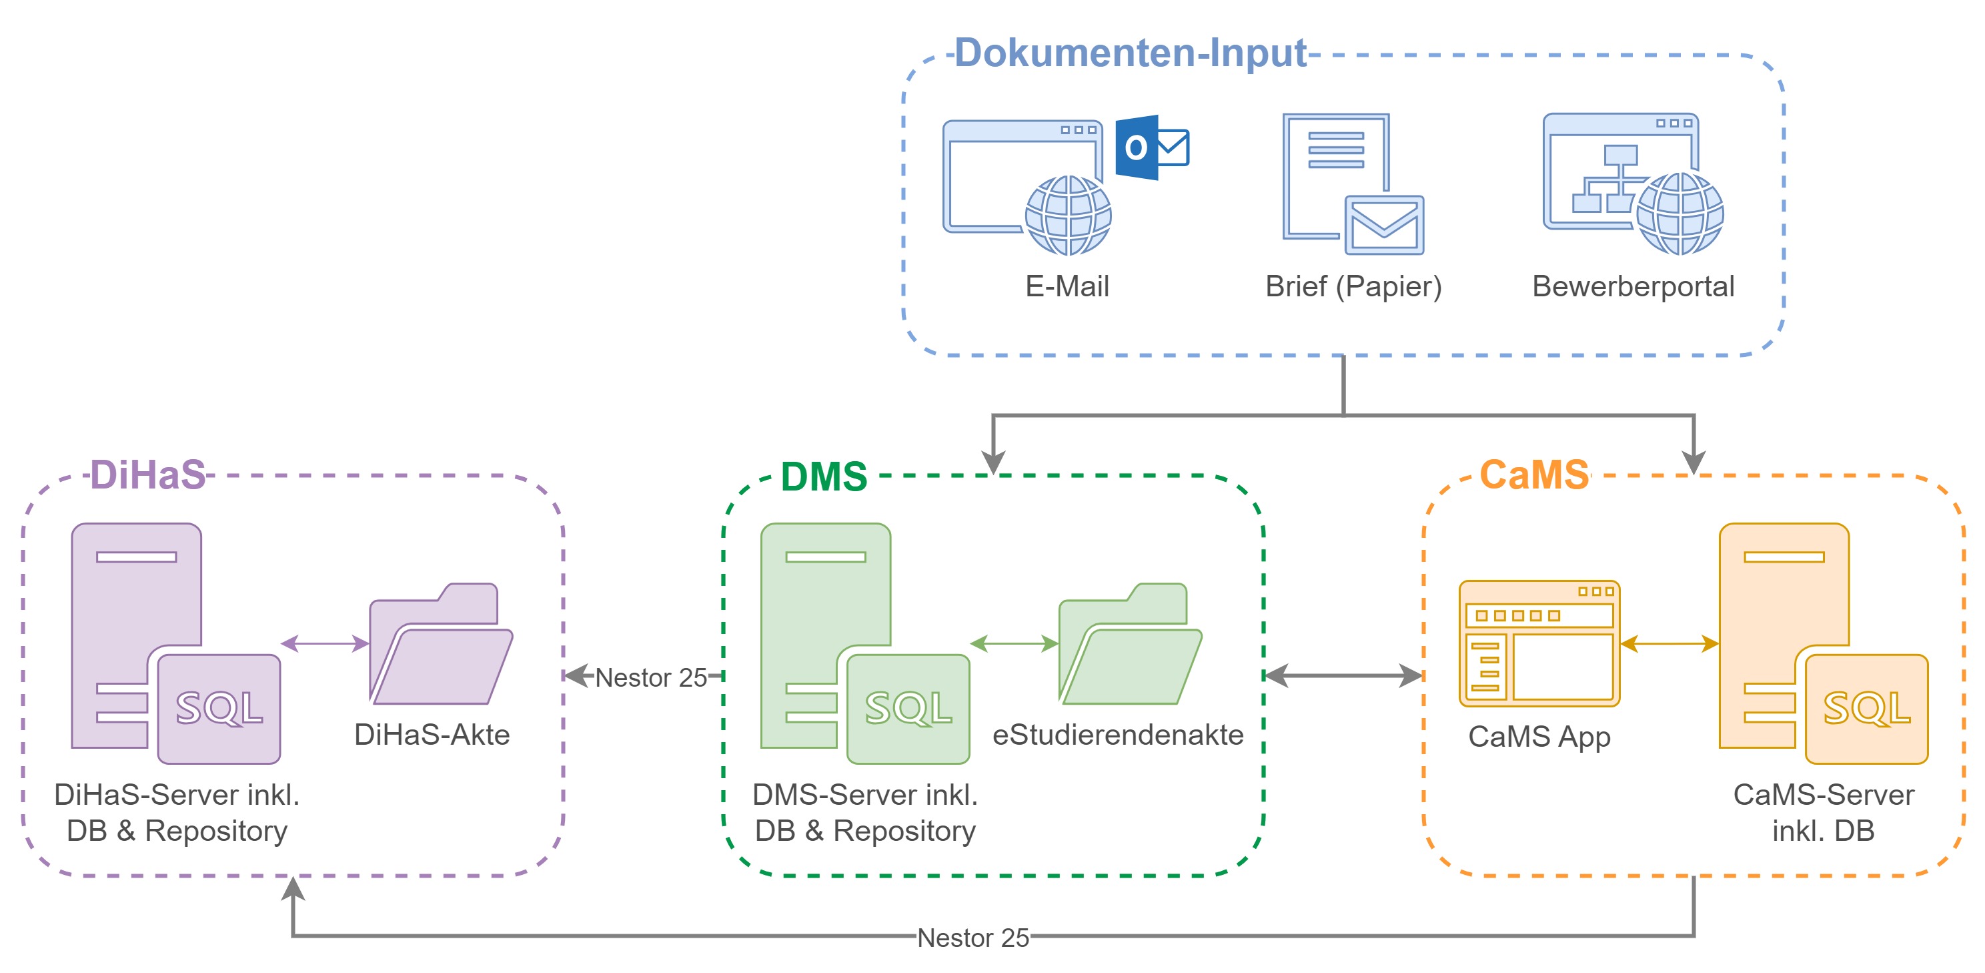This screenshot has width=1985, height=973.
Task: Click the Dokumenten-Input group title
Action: point(1130,53)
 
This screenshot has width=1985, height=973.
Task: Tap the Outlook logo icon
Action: point(1151,147)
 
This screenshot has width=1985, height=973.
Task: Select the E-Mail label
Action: point(1067,287)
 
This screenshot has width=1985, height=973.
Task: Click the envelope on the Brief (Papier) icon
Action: point(1384,224)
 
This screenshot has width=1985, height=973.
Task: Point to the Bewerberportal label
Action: point(1633,287)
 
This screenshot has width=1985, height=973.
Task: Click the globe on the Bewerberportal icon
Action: point(1680,214)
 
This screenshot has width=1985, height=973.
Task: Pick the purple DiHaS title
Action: point(148,475)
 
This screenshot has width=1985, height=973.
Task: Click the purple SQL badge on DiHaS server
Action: point(219,709)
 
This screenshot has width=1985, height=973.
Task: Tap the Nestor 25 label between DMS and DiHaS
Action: point(650,678)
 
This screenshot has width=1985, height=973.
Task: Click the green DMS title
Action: point(824,476)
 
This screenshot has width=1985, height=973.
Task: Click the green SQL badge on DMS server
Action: point(908,709)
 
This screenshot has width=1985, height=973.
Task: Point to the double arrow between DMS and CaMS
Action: point(1343,676)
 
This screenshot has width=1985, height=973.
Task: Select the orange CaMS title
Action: point(1534,475)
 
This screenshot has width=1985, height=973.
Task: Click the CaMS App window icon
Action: point(1539,644)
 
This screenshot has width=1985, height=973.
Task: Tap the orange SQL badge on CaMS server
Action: point(1866,709)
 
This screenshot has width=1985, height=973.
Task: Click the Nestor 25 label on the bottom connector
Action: point(972,938)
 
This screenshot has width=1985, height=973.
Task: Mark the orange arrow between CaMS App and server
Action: point(1669,644)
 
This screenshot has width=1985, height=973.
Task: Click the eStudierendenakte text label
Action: point(1117,735)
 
